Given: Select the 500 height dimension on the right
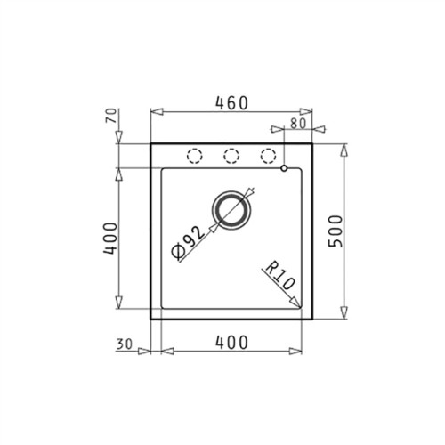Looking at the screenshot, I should [360, 233].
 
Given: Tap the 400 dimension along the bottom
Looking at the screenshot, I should [231, 340].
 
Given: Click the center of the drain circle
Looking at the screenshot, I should [231, 210].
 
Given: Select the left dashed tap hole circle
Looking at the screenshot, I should [193, 156].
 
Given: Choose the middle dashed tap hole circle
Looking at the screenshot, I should [231, 156].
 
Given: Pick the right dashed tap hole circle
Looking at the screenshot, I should [268, 156].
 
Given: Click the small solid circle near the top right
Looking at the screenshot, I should [283, 167].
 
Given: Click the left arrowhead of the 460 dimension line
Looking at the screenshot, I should [153, 112].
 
